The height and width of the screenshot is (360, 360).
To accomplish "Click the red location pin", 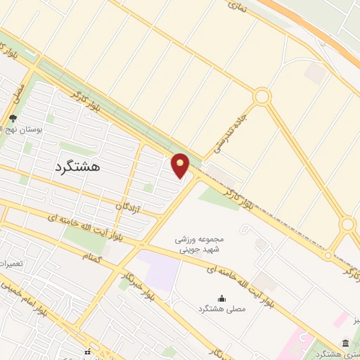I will [181, 166].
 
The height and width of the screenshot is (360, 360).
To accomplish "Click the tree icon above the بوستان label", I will [13, 119].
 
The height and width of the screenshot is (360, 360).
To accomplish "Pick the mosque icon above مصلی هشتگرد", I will [223, 299].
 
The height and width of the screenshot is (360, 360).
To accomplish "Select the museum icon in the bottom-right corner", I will [345, 342].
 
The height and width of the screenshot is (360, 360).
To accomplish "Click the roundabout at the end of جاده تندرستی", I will [262, 96].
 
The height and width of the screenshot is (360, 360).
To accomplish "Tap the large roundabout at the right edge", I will [347, 225].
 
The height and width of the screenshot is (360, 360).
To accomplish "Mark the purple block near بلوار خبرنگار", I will [159, 271].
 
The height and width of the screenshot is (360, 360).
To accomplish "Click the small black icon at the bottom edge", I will [87, 352].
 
